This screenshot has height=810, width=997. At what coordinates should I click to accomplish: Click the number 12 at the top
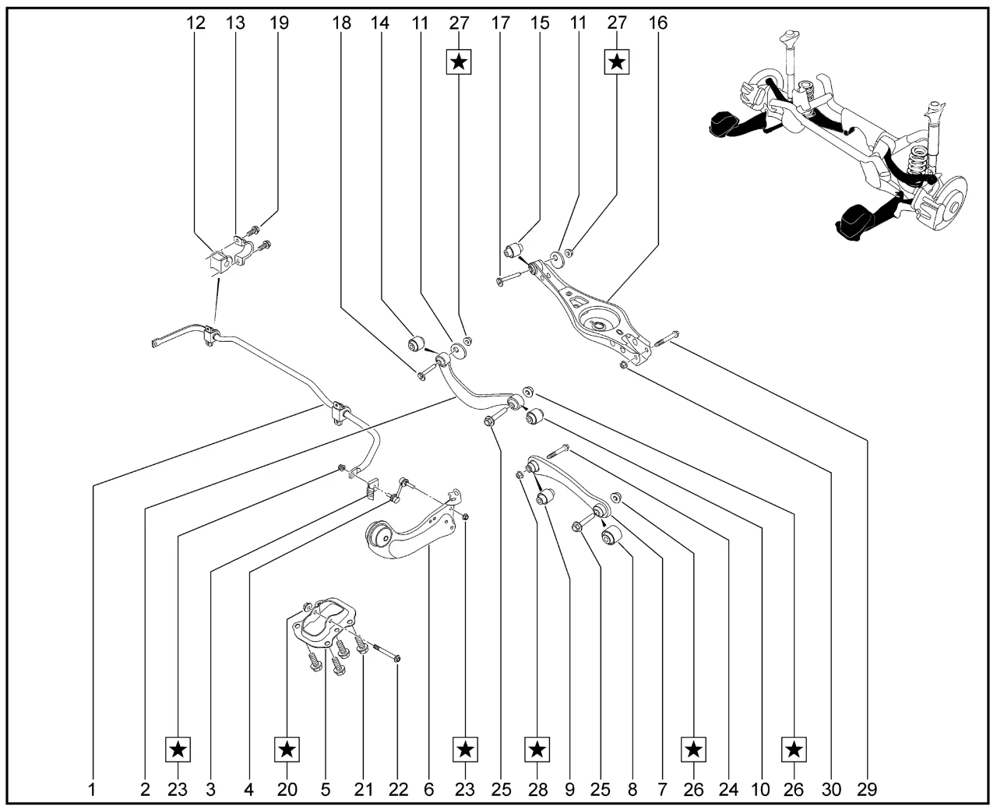(196, 23)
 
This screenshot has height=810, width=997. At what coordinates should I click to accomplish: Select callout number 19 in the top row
(279, 23)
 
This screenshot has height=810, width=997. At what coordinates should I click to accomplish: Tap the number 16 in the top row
(657, 23)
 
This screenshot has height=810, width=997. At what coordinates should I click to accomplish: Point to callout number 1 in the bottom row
(92, 789)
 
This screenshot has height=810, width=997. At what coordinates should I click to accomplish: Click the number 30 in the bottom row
(831, 789)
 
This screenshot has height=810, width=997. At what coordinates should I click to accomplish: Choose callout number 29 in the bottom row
(867, 789)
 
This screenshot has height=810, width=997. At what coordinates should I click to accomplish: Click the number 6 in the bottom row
(428, 789)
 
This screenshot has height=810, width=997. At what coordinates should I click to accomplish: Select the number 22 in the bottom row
(398, 789)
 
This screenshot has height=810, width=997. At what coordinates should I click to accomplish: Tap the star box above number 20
(287, 750)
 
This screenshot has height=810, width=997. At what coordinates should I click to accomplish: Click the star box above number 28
(537, 750)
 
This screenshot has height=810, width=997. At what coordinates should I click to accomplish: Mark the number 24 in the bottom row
(728, 789)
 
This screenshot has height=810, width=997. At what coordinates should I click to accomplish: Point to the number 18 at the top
(341, 23)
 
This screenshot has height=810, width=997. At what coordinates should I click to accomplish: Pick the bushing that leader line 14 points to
(416, 343)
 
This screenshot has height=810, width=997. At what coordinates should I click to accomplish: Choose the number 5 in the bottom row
(325, 789)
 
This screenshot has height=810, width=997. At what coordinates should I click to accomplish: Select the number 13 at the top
(235, 23)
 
